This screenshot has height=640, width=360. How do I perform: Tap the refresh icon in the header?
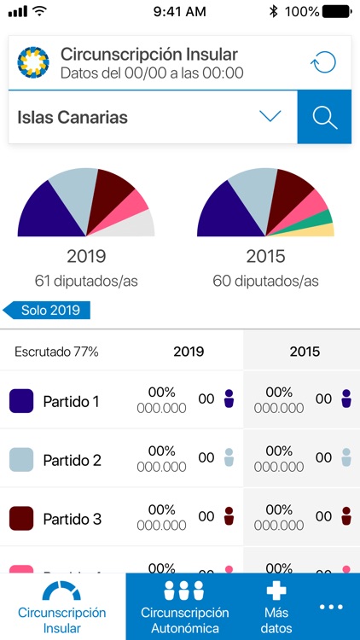[322, 62]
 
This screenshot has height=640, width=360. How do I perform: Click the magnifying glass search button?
[324, 117]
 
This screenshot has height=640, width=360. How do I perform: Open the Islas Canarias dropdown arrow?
[270, 117]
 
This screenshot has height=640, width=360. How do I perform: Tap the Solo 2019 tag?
[48, 311]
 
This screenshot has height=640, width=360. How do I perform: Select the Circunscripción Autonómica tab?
[184, 607]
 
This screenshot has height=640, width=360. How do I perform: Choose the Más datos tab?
[276, 607]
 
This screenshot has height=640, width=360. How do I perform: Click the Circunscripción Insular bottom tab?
[62, 607]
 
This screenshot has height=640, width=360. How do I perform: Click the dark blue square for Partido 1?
[21, 401]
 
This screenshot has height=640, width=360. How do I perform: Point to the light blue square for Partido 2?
[21, 460]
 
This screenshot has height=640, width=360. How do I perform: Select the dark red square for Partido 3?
[21, 519]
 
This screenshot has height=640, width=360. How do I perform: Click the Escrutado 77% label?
[56, 352]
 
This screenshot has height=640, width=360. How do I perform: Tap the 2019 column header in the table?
[189, 352]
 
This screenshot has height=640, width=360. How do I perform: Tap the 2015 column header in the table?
[305, 352]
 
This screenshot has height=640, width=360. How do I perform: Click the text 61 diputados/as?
[86, 281]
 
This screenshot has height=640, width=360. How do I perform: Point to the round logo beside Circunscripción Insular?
[33, 62]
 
